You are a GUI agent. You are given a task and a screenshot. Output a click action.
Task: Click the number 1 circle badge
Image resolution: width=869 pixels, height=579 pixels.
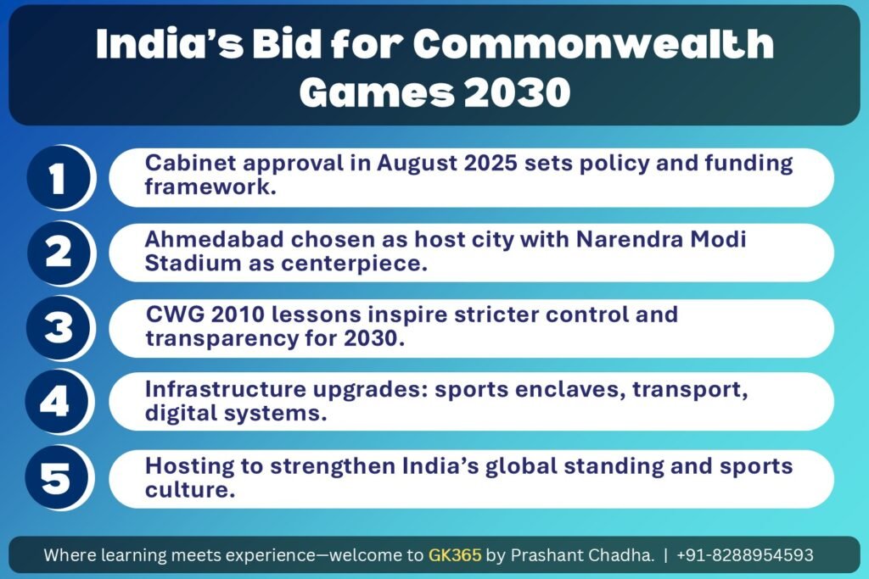coord(59,178)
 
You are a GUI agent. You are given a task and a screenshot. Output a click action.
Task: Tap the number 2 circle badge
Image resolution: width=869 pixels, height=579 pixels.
coord(59,253)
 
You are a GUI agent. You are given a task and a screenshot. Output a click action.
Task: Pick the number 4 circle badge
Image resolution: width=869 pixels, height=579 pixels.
coord(57,402)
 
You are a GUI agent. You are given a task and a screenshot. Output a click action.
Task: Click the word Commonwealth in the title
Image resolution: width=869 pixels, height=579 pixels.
coord(593,43)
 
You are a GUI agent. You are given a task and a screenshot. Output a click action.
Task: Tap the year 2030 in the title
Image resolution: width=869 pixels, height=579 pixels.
coord(517,92)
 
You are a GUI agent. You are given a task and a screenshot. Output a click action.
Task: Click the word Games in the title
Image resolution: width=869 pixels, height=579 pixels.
coord(377,92)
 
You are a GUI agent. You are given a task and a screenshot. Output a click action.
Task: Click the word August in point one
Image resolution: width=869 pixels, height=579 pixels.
coord(417,164)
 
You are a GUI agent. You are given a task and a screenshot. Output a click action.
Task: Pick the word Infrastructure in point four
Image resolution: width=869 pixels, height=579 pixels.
coord(226,389)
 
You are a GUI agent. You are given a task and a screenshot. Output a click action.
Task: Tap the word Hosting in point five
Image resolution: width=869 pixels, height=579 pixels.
coord(189,466)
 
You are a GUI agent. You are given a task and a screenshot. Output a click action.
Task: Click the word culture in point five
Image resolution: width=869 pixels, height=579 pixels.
coord(190,490)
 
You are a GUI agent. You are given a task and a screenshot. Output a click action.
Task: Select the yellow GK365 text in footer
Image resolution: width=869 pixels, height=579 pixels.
coord(455,554)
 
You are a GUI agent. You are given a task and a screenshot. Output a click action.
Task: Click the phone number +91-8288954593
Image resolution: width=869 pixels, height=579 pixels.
coord(745,554)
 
